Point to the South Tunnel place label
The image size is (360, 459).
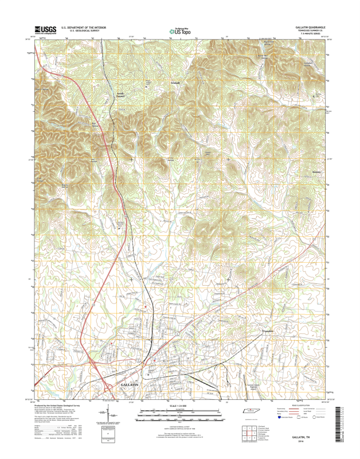[x=120, y=95]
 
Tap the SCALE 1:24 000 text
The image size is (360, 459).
[x=179, y=405]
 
